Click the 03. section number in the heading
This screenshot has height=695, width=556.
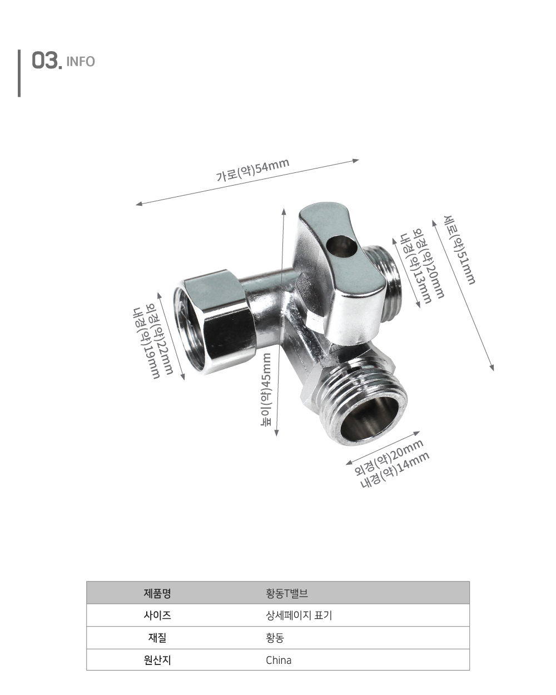(47, 61)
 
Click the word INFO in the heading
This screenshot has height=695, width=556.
(81, 61)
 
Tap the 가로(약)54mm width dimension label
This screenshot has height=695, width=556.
(252, 170)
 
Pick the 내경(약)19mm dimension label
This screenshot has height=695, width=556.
(146, 343)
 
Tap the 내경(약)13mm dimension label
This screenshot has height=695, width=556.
(416, 269)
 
